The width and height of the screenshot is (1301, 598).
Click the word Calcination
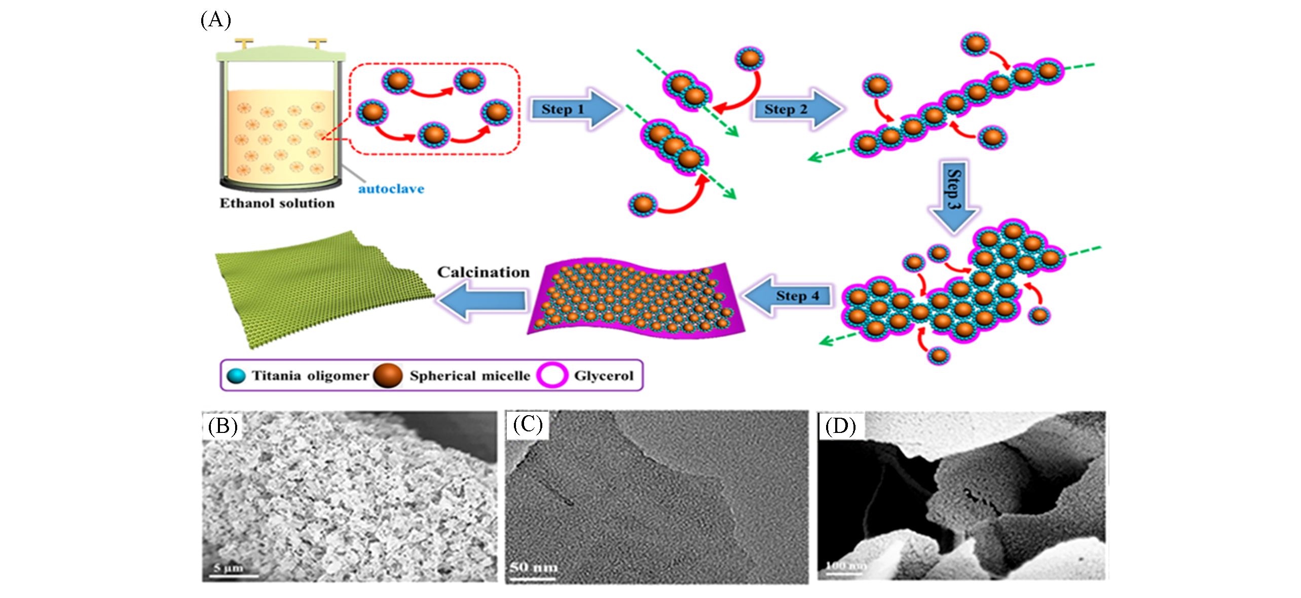point(483,272)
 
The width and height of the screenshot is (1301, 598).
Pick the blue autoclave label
point(391,189)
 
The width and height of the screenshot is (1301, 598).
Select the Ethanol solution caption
point(277,203)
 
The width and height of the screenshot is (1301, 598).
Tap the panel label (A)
point(215,20)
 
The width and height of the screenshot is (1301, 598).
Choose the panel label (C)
point(527,424)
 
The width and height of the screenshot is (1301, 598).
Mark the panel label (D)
point(840,426)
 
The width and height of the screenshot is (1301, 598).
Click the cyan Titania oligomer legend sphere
point(236,376)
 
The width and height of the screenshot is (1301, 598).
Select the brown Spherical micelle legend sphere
point(388,376)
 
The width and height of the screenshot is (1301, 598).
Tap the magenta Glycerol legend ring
point(552,376)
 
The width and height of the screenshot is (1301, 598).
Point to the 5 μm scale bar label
point(229,568)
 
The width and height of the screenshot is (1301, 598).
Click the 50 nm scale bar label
point(534,567)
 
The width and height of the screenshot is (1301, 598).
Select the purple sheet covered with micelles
point(634,299)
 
